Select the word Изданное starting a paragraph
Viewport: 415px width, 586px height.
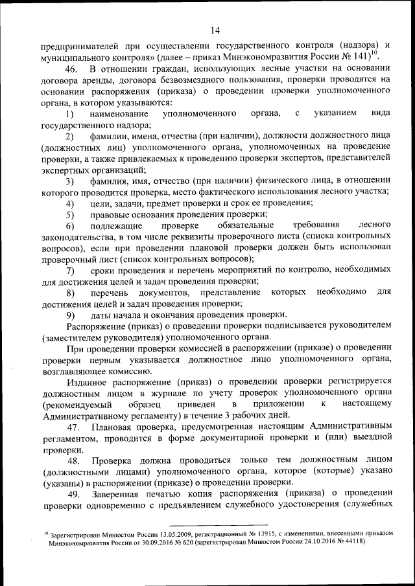[x=86, y=382]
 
